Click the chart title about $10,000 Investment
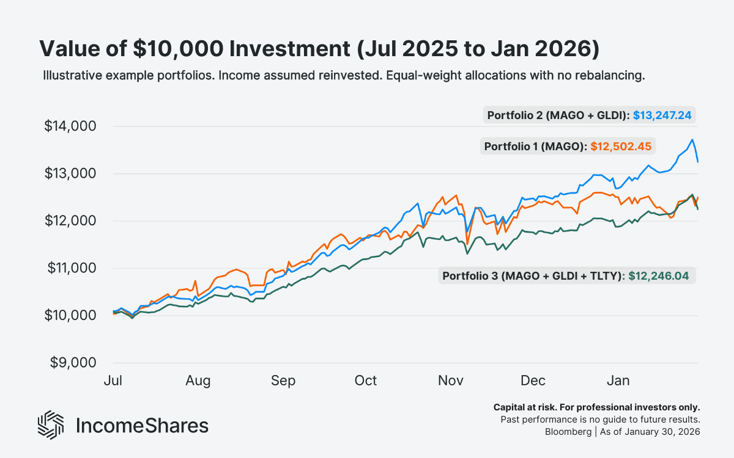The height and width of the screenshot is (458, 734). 319,49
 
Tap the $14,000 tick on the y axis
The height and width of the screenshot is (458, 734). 70,126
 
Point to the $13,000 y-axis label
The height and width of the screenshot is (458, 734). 70,173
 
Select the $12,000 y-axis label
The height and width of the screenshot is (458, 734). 70,221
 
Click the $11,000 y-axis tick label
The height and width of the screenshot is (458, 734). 70,268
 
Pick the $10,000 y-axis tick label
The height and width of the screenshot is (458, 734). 70,316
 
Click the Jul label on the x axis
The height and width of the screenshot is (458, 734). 113,381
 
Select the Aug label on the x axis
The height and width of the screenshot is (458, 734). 198,381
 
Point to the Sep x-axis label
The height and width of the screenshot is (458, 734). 283,381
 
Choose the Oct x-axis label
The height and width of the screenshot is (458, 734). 365,381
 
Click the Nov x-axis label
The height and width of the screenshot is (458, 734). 450,381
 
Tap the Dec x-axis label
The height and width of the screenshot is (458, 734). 533,381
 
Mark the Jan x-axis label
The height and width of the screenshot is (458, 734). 618,381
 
